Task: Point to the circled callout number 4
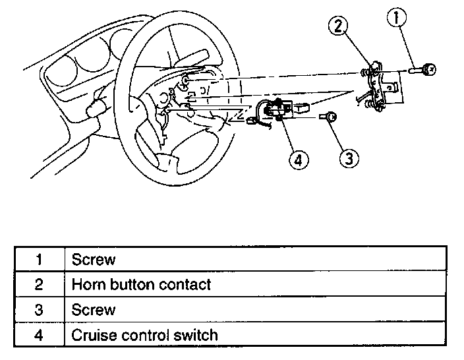[298, 160]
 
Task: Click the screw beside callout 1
[421, 68]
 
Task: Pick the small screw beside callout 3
[329, 117]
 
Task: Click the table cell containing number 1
[39, 259]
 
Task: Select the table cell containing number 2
[39, 284]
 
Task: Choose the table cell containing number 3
[39, 309]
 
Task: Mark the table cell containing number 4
[39, 335]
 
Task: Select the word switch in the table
[194, 335]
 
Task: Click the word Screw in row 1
[93, 259]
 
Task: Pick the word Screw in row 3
[93, 309]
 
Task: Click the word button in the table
[129, 284]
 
